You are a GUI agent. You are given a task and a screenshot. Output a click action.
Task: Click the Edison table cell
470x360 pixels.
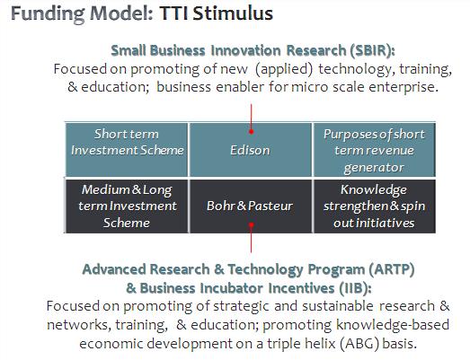tap(251, 149)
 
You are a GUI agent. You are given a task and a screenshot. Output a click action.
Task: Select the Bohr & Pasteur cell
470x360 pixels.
tap(251, 206)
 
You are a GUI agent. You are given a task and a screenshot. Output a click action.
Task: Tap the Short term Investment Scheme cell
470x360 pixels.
tap(127, 149)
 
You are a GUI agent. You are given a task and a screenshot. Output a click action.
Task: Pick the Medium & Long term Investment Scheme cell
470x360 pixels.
tap(127, 206)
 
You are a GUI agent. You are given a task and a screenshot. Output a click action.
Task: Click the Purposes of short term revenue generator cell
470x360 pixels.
tap(374, 149)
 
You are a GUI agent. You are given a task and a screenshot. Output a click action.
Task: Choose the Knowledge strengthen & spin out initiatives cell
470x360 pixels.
tap(374, 206)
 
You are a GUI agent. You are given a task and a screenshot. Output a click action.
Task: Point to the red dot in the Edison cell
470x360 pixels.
tap(252, 131)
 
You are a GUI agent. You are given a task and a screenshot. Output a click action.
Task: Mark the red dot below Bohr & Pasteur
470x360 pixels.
tap(252, 224)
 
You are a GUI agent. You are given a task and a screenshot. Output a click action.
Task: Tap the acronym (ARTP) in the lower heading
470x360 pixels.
tap(392, 269)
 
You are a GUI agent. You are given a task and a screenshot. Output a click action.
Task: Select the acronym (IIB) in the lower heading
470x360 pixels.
tap(356, 288)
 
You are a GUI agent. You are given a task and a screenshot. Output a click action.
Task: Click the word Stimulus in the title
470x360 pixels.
tap(233, 13)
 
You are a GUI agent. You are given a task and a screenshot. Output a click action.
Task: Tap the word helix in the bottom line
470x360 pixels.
tap(322, 343)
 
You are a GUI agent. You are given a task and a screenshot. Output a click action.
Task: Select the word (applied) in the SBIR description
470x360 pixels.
tap(284, 69)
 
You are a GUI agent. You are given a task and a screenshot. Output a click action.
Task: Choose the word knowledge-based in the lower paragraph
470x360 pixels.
tap(393, 325)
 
